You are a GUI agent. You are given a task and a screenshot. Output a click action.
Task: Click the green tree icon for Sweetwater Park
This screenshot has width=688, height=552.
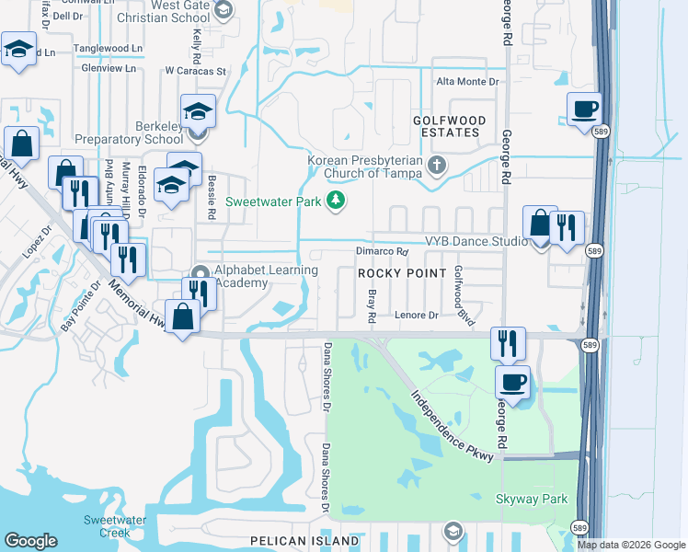click(x=337, y=200)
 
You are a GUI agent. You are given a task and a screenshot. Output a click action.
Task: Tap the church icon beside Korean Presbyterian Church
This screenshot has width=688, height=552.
click(x=438, y=167)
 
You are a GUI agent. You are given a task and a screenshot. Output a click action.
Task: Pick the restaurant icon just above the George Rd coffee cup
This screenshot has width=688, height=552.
click(x=508, y=344)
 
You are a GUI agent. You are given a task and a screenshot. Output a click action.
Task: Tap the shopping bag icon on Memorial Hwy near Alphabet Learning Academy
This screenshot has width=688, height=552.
click(x=183, y=316)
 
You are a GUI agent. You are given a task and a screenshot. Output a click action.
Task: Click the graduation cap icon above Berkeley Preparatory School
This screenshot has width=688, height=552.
click(x=198, y=112)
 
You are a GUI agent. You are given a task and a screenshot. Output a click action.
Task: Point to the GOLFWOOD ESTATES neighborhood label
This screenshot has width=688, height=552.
click(x=447, y=126)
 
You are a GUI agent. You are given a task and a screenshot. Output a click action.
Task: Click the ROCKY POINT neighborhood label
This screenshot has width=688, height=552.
click(x=395, y=273)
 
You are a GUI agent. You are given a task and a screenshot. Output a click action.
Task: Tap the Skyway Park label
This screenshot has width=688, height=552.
click(x=532, y=500)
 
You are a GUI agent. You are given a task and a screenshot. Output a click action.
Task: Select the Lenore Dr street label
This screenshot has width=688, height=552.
click(x=417, y=316)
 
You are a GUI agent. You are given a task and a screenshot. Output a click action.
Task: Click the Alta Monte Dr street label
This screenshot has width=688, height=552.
click(x=467, y=82)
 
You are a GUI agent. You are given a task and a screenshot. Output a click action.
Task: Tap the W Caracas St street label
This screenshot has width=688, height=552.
click(x=196, y=70)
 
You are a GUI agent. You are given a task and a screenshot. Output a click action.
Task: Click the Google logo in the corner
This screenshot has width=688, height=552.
click(x=30, y=541)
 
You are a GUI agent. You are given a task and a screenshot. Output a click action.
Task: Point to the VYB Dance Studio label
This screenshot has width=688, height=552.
click(x=476, y=241)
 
